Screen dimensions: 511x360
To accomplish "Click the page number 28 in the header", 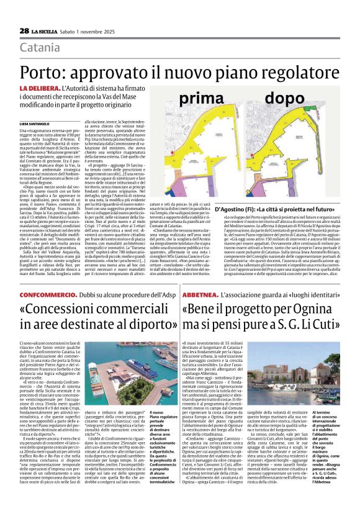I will coord(24,30).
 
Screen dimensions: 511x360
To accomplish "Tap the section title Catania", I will coord(39,48).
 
